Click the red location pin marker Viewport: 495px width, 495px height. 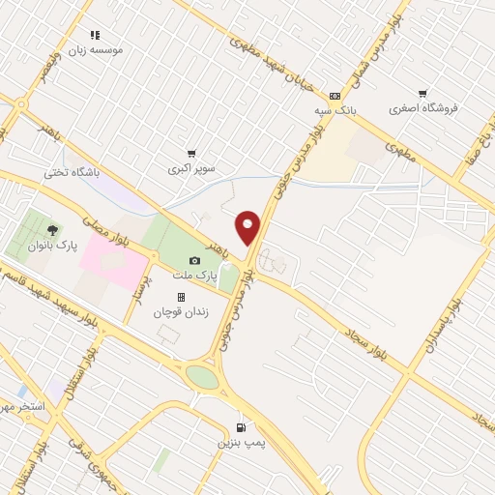point(248,227)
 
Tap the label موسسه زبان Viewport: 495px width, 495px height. point(95,48)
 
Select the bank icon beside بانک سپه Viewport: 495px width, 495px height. point(335,96)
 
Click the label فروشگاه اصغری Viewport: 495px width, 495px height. point(422,108)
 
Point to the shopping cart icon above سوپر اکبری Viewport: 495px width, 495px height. point(191,153)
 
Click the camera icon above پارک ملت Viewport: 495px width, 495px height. point(194,261)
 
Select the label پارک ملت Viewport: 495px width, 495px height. point(191,276)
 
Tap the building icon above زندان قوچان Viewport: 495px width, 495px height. point(180,298)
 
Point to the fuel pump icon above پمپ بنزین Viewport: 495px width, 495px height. point(240,427)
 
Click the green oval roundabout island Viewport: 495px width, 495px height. point(203,377)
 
